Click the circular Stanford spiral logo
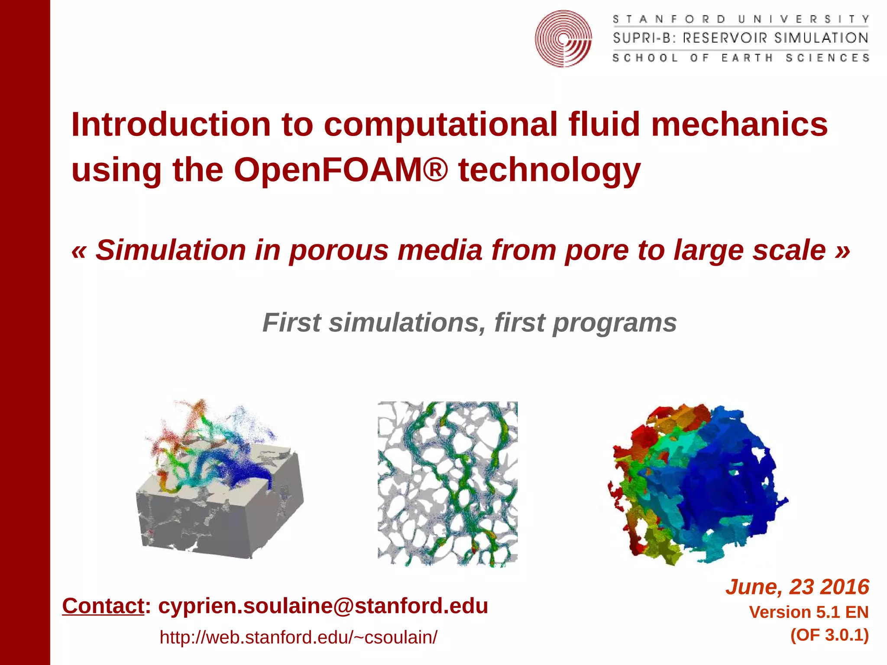(563, 39)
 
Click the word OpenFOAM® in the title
(340, 170)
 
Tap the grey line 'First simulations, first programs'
(469, 323)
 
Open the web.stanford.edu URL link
(298, 637)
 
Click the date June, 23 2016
(797, 587)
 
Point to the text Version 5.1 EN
(809, 612)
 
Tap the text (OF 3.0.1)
(829, 635)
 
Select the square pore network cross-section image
(447, 484)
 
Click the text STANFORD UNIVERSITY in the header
(741, 19)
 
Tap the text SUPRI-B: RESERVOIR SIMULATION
(741, 38)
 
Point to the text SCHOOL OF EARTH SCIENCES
(741, 58)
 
